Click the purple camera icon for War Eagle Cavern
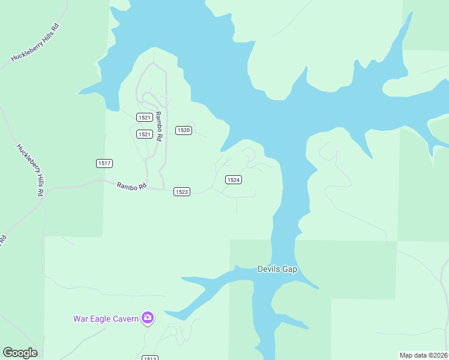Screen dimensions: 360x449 pos(148,318)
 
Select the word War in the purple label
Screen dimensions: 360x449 pos(80,319)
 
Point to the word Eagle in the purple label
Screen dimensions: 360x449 pos(99,319)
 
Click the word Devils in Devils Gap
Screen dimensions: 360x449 pos(268,269)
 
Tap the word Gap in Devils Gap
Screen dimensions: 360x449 pos(289,269)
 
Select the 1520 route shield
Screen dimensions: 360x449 pos(184,130)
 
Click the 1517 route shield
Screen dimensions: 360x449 pos(104,163)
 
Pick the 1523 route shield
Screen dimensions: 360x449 pos(182,191)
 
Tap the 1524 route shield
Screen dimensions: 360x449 pos(234,180)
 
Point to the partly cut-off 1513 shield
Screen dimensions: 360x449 pos(150,358)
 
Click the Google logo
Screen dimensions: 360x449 pos(20,353)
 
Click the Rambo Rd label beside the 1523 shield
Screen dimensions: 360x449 pos(132,187)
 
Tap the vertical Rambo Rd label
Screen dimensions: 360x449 pos(159,126)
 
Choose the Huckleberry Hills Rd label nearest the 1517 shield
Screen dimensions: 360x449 pos(31,170)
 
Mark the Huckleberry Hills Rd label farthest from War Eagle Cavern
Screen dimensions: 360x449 pos(37,42)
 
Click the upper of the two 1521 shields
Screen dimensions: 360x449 pos(144,118)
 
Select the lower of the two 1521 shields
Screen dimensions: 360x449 pos(144,134)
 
